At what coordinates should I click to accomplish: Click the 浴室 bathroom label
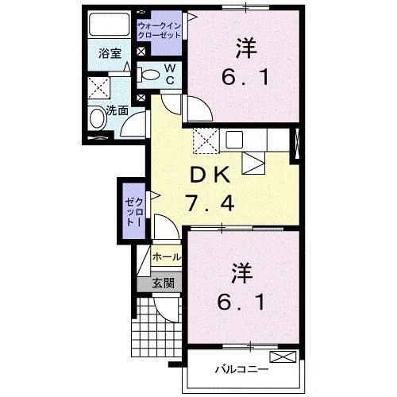click(x=109, y=55)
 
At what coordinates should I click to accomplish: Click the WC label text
click(x=170, y=75)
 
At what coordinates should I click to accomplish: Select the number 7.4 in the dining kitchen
click(x=210, y=204)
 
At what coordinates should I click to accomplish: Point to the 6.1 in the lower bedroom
click(x=243, y=302)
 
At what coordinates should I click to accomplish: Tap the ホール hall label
click(x=166, y=257)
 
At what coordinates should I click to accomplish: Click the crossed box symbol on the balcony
click(x=281, y=357)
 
